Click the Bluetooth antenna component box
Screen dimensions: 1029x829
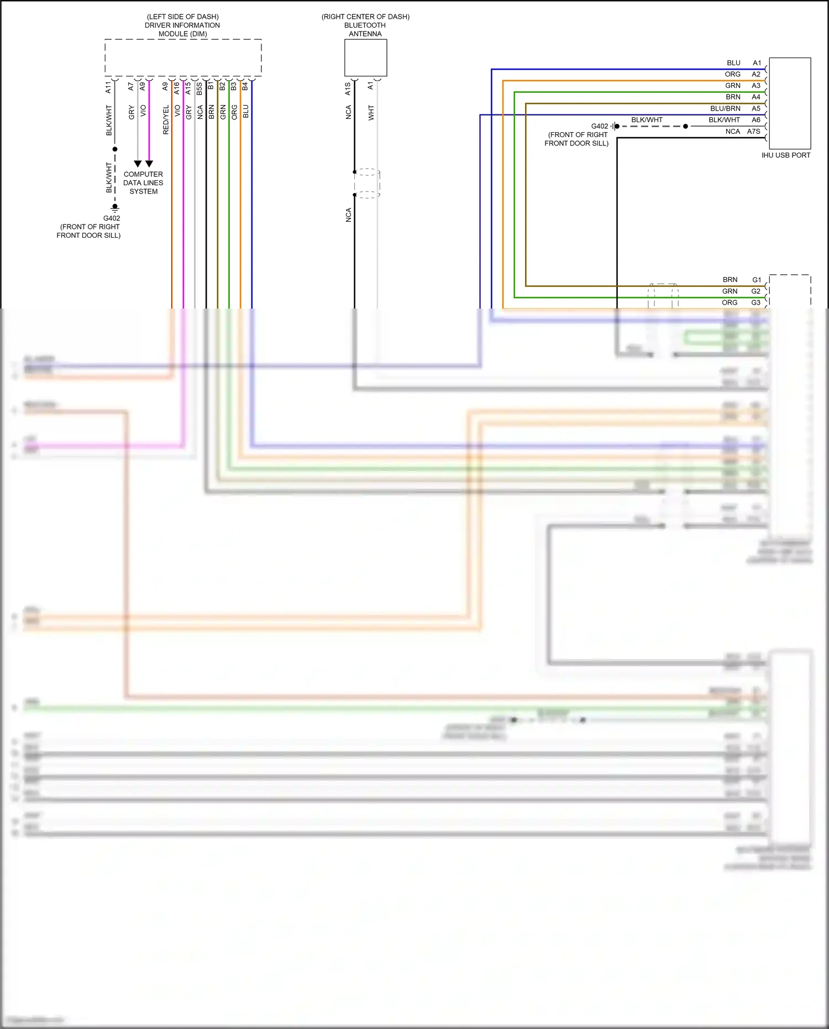click(365, 58)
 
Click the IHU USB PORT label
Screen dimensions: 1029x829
click(785, 155)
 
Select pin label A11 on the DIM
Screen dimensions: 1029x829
click(108, 87)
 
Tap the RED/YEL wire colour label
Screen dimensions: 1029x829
click(166, 120)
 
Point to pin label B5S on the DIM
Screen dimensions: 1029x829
click(200, 88)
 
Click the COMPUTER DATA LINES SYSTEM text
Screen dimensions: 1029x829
click(143, 182)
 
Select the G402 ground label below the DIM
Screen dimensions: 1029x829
click(112, 218)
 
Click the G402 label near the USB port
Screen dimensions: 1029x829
click(599, 126)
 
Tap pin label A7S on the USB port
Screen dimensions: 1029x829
click(753, 132)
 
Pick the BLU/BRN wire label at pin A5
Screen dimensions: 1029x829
click(725, 108)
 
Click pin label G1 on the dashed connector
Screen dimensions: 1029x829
click(756, 280)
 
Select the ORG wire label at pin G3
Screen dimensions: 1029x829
click(729, 302)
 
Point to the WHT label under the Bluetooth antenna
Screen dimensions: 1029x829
click(371, 113)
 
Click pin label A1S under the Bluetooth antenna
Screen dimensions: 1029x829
click(348, 88)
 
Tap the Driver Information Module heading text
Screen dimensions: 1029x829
click(182, 25)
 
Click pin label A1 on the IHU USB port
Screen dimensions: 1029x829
click(757, 63)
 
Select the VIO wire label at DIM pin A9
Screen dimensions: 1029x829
click(143, 111)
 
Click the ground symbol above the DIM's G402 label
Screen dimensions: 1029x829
click(115, 208)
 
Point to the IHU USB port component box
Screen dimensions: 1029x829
click(790, 103)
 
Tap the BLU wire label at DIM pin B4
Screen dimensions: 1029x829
click(246, 111)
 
